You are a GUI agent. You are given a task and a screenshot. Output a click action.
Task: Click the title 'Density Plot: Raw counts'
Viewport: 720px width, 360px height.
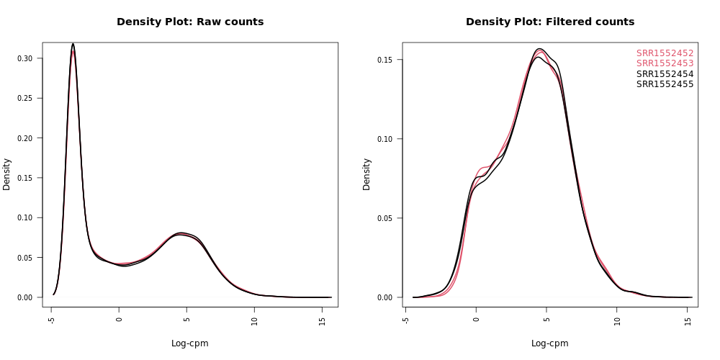point(190,22)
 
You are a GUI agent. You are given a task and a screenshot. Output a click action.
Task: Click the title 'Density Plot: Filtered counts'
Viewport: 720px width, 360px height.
point(550,22)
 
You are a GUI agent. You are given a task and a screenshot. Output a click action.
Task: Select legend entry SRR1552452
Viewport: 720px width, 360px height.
point(665,53)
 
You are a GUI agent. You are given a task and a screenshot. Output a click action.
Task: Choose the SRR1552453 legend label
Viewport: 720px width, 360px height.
point(665,63)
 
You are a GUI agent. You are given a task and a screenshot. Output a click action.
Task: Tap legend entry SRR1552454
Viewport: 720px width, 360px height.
point(665,74)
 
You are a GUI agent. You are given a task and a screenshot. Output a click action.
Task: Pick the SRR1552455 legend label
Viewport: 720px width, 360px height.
point(665,84)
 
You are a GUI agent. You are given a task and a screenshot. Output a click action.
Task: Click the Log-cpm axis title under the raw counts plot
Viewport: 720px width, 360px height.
point(190,343)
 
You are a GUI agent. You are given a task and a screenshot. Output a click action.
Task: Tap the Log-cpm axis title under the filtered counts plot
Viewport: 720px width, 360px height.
point(550,343)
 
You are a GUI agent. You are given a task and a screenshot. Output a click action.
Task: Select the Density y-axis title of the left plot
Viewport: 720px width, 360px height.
point(7,174)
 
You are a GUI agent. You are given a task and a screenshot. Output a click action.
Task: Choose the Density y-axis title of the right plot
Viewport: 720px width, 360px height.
point(367,174)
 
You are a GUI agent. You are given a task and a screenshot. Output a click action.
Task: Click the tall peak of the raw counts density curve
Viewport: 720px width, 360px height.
point(73,45)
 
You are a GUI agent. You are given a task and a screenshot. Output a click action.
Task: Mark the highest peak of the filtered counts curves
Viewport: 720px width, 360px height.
point(540,49)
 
